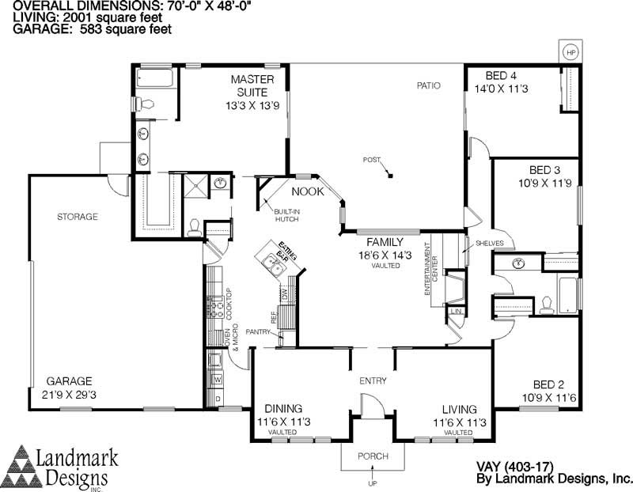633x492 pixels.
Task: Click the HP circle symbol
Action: [x=570, y=52]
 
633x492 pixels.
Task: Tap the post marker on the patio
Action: [x=389, y=175]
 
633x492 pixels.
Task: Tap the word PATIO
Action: [x=429, y=85]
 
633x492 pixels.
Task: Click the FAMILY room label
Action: [x=386, y=241]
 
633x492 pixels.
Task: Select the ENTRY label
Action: [x=373, y=381]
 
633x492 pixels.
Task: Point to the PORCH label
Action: [x=373, y=456]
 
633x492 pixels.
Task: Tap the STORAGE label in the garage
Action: [x=77, y=217]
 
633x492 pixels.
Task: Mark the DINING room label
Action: [x=283, y=409]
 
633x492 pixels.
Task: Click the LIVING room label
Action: [x=459, y=409]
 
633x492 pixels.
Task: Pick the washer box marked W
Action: [x=218, y=380]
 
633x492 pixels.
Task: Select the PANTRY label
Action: [x=259, y=331]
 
